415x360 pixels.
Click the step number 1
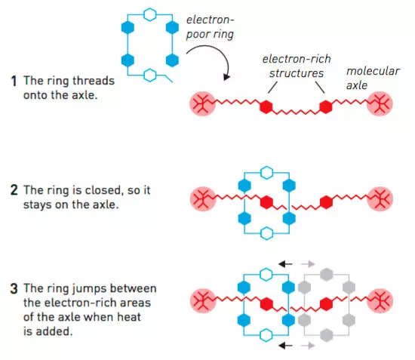pos(14,81)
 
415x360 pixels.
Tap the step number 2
pos(14,190)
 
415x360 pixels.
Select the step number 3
pos(14,288)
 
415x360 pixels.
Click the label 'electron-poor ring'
pos(211,27)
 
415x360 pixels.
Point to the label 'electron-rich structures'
pos(297,66)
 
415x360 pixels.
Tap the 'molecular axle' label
pos(373,78)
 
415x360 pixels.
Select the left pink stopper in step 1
pos(203,103)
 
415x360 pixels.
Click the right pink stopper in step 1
pos(380,103)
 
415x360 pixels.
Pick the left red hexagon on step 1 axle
pos(266,106)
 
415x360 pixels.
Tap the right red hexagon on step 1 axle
pos(326,106)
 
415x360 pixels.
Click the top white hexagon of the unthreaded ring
pos(150,14)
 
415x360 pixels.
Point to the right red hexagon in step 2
pos(326,202)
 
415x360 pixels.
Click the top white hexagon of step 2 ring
pos(266,173)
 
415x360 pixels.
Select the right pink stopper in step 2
pos(380,199)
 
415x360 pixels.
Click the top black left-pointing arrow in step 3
pos(285,264)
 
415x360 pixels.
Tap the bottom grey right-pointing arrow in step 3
pos(308,345)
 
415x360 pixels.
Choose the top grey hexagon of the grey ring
pos(326,275)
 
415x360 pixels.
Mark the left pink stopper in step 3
pos(203,301)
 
